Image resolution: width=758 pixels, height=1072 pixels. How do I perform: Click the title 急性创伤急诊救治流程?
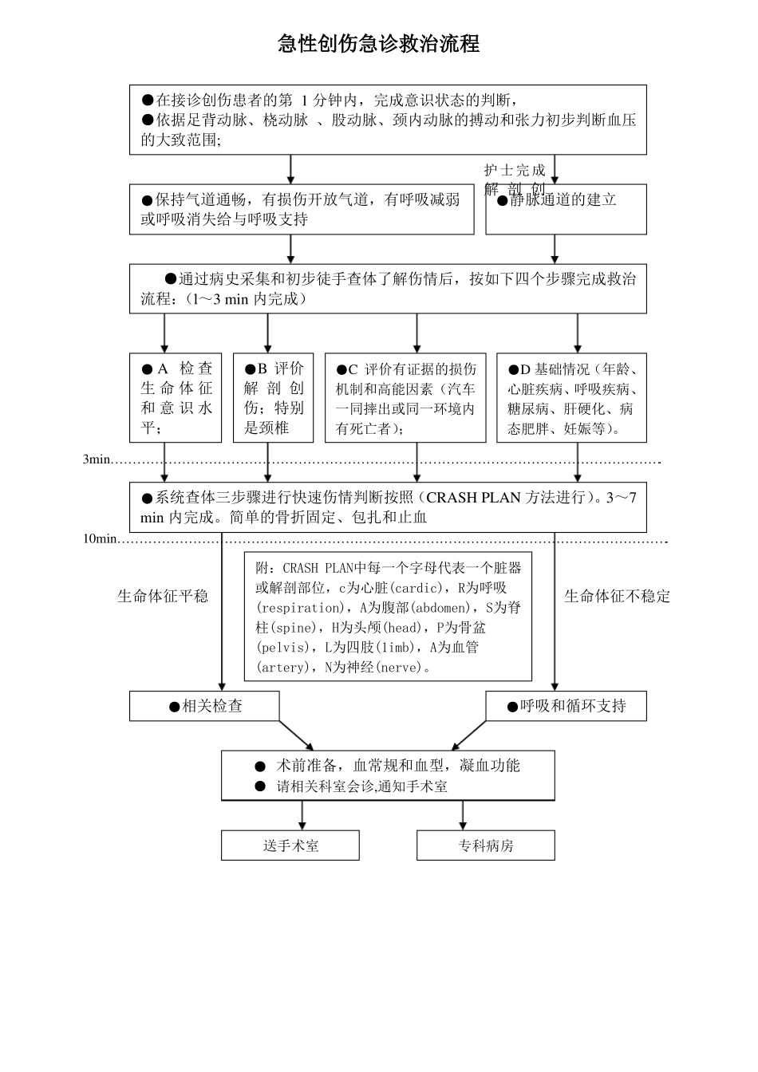(x=378, y=44)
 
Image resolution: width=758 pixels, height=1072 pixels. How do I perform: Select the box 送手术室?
(x=290, y=845)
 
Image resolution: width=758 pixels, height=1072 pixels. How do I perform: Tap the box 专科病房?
(x=485, y=845)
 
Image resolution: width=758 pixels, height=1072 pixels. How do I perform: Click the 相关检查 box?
(x=204, y=706)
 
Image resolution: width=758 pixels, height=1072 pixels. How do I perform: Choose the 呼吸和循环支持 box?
(x=566, y=706)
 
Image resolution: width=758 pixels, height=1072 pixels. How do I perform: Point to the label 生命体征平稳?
(x=163, y=596)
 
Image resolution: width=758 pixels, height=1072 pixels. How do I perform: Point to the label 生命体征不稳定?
(x=617, y=596)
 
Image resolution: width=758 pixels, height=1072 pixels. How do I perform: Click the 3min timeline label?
(x=97, y=459)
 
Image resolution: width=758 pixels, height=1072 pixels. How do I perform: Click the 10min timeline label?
(x=100, y=538)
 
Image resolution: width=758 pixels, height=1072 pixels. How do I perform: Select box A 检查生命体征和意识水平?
(x=176, y=398)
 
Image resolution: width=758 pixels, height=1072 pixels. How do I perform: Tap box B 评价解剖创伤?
(x=273, y=398)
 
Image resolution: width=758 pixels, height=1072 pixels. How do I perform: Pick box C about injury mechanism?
(x=405, y=398)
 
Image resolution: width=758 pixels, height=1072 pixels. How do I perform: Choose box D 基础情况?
(x=571, y=398)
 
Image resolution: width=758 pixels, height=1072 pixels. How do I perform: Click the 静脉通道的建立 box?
(x=566, y=209)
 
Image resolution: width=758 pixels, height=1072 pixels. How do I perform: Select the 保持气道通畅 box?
(x=302, y=209)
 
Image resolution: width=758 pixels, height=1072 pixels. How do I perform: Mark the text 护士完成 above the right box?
(x=515, y=170)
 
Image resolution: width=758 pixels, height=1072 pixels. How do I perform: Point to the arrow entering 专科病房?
(x=463, y=815)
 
